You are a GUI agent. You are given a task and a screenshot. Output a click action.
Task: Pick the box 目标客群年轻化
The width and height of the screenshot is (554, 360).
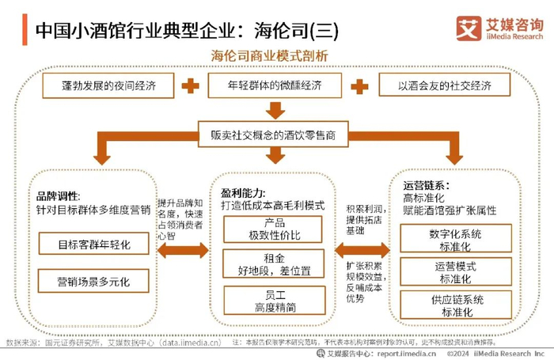pyautogui.click(x=93, y=243)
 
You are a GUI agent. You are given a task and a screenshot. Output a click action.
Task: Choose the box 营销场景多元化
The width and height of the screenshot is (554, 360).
pyautogui.click(x=93, y=281)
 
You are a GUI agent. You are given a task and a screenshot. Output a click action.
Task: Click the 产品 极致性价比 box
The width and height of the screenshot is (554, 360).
pyautogui.click(x=274, y=229)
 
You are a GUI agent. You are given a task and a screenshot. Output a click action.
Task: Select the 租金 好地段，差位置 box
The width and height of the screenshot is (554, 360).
pyautogui.click(x=274, y=264)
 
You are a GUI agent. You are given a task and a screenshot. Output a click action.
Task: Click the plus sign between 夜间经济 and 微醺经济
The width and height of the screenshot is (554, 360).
pyautogui.click(x=190, y=85)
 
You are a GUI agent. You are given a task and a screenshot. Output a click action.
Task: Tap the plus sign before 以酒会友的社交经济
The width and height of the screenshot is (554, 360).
pyautogui.click(x=360, y=85)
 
